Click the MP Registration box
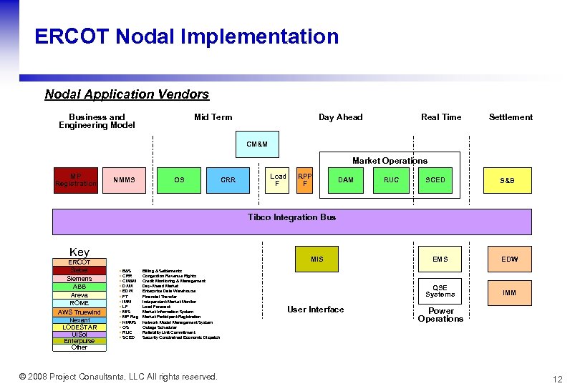point(75,180)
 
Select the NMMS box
point(124,180)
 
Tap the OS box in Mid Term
point(179,180)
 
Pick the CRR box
point(228,180)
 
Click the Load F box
point(278,180)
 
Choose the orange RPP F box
point(305,180)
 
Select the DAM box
point(346,180)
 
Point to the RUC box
point(392,180)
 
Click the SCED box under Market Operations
point(435,180)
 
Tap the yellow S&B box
point(507,180)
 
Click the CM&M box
point(257,144)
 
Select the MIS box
point(317,259)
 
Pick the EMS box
point(440,259)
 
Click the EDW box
point(509,259)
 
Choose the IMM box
point(509,293)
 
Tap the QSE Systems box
point(440,291)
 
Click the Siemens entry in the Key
point(79,279)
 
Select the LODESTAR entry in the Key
point(79,327)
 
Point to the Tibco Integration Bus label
point(291,217)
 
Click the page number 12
point(558,379)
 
